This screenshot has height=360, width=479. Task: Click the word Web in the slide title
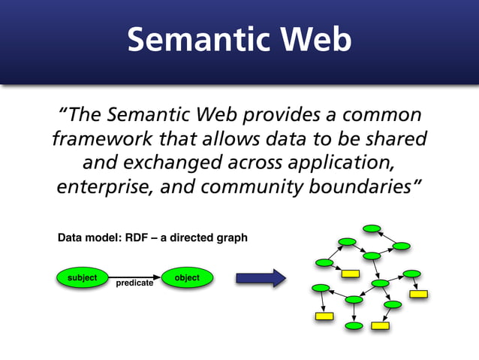point(317,40)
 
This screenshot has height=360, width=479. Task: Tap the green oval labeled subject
point(82,278)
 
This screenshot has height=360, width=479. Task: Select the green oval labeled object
point(187,278)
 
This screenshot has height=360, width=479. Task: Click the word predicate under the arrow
point(134,283)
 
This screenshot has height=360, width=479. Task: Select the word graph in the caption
point(230,238)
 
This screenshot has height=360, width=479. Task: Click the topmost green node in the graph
point(372,228)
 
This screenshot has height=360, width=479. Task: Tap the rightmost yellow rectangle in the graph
point(418,294)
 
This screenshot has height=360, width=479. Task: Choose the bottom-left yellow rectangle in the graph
point(324,316)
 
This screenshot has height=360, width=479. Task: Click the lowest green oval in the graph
point(354,326)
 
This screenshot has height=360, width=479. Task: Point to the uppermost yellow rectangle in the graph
point(350,274)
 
